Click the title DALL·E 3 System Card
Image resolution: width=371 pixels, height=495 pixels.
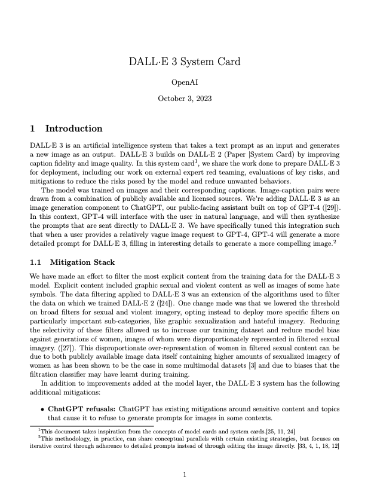click(x=185, y=62)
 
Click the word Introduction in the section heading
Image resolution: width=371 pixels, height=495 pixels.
click(x=73, y=129)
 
